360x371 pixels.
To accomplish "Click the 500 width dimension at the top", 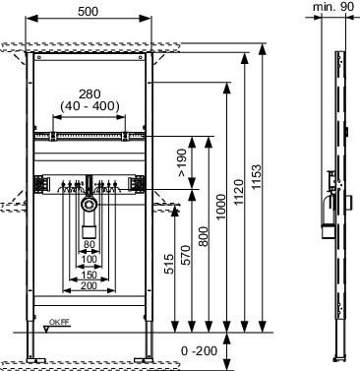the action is coord(88,12).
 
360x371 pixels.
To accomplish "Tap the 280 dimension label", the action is coord(90,94).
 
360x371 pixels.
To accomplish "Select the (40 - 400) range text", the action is coord(90,106).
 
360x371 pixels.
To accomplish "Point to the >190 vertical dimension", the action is coord(182,162).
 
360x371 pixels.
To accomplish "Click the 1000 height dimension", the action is coord(221,207).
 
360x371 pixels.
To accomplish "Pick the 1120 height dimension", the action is coord(239,192).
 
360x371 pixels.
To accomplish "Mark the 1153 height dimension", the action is coord(257,177).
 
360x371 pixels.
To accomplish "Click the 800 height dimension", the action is coord(203,236).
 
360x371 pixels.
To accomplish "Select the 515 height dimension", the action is coord(168,264).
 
